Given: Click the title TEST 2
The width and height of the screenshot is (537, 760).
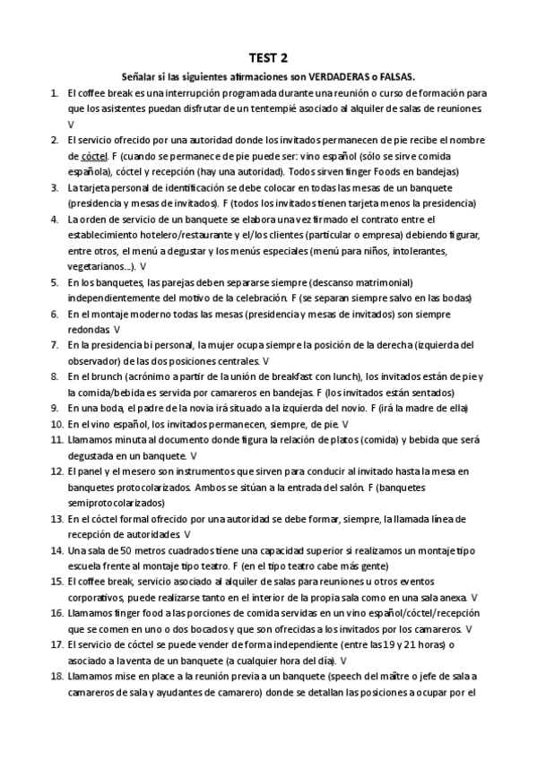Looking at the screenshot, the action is pos(269,58).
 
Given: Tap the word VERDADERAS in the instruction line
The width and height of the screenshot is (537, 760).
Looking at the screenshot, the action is pos(338,77).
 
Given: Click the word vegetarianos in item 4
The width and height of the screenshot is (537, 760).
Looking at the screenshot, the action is pos(95,266).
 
